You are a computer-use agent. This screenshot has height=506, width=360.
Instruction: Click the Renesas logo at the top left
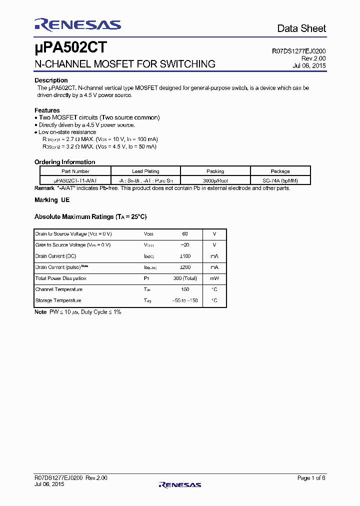pos(77,24)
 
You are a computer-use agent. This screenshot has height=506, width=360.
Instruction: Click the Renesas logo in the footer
pos(179,484)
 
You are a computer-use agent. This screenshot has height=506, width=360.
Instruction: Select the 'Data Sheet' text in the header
pos(301,28)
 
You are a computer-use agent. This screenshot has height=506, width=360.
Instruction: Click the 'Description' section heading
pos(51,80)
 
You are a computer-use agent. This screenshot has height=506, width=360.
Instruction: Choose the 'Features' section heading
pos(47,110)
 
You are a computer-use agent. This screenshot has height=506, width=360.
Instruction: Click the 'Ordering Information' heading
pos(64,162)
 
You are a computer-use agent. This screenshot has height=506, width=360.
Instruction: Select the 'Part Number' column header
pos(75,171)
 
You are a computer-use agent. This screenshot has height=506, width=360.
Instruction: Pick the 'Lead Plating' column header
pos(145,171)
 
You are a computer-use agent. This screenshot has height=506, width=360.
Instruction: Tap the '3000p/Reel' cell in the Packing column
pos(215,180)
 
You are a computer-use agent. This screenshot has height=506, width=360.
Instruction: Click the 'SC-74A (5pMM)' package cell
pos(280,180)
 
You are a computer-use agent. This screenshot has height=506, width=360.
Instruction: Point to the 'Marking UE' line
pos(52,200)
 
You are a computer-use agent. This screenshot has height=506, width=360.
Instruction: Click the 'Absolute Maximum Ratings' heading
pos(90,217)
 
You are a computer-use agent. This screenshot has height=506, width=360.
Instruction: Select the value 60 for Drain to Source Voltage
pos(184,234)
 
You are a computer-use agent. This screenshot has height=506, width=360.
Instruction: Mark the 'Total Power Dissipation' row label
pos(60,278)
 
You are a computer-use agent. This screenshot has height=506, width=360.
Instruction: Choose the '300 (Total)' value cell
pos(184,278)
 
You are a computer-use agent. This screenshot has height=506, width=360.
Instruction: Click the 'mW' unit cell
pos(214,278)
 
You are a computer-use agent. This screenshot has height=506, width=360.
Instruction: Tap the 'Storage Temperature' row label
pos(58,300)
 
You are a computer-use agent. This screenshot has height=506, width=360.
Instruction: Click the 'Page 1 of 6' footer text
pos(311,478)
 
